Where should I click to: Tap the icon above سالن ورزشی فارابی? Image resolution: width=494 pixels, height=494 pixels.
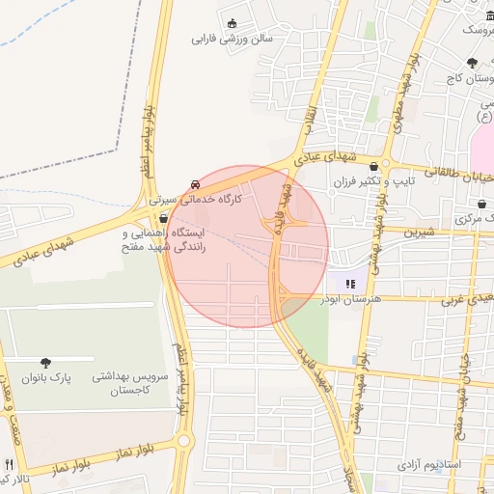232,23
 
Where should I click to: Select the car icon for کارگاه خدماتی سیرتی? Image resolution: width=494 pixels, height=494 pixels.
197,183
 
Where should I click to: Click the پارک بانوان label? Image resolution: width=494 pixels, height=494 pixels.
50,378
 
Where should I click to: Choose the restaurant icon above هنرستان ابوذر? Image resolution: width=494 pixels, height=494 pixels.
350,284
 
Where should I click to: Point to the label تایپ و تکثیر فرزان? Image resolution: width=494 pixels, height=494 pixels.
373,181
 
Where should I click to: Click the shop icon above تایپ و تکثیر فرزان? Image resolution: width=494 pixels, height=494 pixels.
373,166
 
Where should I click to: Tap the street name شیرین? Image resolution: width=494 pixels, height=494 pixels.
419,232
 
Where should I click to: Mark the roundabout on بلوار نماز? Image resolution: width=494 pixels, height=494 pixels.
184,442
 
